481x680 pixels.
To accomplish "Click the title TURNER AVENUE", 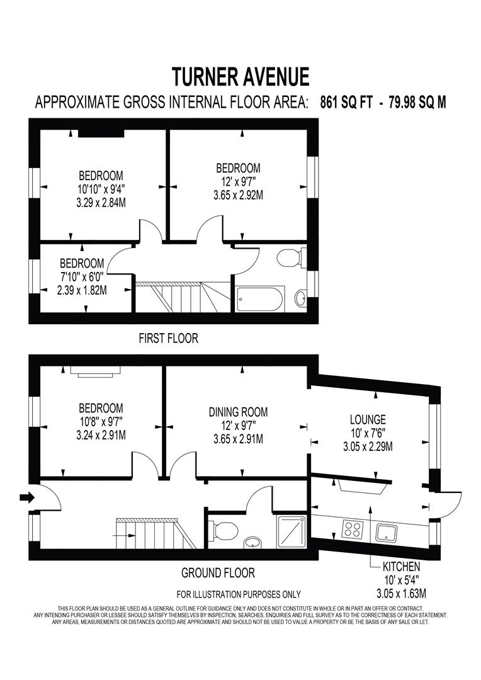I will point(241,76).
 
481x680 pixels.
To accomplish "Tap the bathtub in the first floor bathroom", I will point(259,298).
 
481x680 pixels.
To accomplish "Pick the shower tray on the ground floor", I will point(292,530).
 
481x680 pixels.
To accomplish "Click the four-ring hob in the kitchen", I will point(353,529).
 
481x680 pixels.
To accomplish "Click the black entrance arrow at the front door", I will point(26,498).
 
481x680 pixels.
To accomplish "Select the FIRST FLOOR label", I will point(168,339).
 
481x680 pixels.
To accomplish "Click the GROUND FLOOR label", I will point(218,573).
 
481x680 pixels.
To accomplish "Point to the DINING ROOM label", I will point(238,412).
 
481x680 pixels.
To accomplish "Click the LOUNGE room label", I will point(368,419).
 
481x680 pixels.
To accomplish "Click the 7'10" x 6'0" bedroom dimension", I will point(82,277).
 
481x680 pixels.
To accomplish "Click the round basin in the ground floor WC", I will point(252,542).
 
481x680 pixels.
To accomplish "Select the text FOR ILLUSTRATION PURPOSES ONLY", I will point(239,594).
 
